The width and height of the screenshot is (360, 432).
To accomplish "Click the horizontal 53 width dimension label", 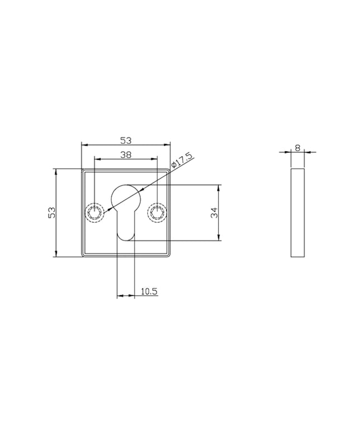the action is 126,141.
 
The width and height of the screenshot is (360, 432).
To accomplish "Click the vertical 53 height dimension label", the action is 52,213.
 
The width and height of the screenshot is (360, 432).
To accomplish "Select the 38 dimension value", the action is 126,155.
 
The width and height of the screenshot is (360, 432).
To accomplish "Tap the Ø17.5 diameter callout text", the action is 181,160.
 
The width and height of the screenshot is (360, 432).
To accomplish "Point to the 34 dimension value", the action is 214,213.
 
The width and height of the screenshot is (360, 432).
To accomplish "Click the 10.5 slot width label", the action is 149,291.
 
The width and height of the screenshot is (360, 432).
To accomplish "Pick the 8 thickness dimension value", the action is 297,148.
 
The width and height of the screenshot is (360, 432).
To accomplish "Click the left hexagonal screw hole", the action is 95,213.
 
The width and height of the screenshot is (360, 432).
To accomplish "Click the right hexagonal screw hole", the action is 157,213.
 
